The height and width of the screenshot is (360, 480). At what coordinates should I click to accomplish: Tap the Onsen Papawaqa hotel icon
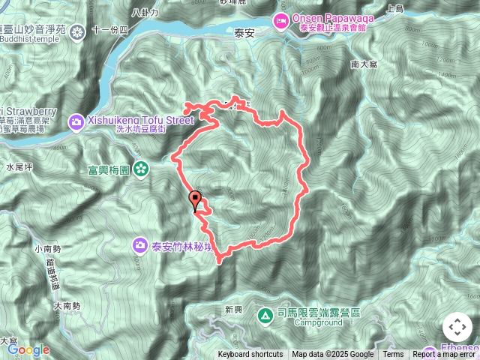[x=281, y=19]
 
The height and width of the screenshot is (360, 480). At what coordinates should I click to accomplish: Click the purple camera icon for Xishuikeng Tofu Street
[x=76, y=121]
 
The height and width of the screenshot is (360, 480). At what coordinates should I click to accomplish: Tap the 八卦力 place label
[x=145, y=12]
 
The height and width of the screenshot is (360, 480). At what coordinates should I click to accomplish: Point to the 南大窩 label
[x=364, y=65]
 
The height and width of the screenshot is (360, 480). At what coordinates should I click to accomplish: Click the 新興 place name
[x=233, y=309]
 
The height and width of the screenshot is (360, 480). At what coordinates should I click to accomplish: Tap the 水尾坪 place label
[x=19, y=166]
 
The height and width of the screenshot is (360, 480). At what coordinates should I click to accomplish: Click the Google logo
[x=28, y=349]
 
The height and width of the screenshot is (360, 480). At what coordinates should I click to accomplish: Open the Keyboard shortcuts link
[x=250, y=355]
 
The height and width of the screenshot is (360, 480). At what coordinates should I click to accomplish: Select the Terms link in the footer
[x=393, y=355]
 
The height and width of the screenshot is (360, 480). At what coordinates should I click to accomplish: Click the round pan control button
[x=457, y=328]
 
